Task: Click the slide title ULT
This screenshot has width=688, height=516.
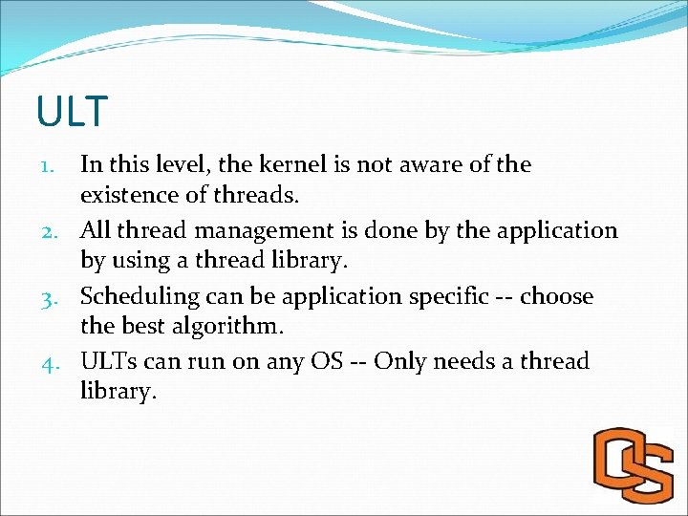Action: (73, 112)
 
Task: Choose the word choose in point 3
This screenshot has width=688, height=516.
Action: (557, 296)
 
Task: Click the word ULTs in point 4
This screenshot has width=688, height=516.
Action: (108, 362)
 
